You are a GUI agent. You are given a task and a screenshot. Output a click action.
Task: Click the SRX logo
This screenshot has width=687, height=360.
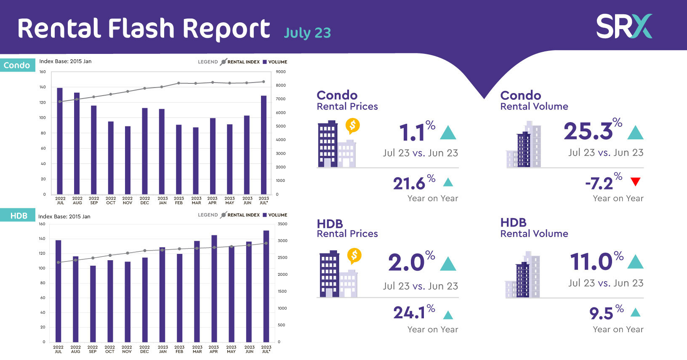(x=624, y=27)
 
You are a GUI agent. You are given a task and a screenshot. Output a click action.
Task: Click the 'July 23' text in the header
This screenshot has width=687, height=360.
(x=307, y=33)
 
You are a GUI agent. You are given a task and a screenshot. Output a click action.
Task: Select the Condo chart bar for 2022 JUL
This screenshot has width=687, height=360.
(x=60, y=141)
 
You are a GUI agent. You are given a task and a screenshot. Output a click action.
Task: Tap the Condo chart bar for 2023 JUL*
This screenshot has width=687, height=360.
(x=264, y=145)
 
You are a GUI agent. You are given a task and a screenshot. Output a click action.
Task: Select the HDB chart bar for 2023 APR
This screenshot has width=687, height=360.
(x=214, y=288)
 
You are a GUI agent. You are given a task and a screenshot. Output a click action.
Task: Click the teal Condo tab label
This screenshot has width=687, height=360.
(x=17, y=65)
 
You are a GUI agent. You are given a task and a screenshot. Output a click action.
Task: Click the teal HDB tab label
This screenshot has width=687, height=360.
(x=19, y=216)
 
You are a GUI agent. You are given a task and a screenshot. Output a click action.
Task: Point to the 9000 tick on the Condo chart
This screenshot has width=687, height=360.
(x=280, y=72)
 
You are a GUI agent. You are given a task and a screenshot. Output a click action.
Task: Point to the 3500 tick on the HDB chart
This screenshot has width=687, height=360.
(x=282, y=224)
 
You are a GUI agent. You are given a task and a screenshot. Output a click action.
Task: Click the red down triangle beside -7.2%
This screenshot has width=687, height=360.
(x=635, y=182)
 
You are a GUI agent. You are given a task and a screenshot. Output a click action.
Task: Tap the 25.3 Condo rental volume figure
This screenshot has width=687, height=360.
(x=588, y=131)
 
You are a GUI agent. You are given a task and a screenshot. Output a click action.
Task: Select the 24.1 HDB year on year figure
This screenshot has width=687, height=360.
(x=409, y=313)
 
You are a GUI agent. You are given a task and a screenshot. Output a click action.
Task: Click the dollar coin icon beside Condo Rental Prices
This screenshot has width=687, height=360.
(x=352, y=125)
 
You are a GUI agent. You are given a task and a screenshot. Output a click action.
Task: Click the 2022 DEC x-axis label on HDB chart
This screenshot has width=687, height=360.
(x=144, y=349)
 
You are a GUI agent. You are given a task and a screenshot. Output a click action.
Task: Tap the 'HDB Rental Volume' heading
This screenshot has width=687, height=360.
(x=534, y=228)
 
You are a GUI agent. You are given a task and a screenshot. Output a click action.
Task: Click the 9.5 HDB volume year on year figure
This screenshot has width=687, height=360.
(x=601, y=314)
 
